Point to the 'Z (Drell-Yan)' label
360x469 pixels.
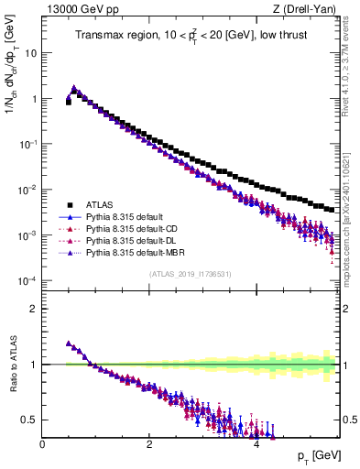pyautogui.click(x=308, y=8)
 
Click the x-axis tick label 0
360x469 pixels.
pyautogui.click(x=42, y=445)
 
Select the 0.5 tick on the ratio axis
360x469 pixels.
pyautogui.click(x=31, y=420)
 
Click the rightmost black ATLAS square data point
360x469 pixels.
pyautogui.click(x=332, y=210)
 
